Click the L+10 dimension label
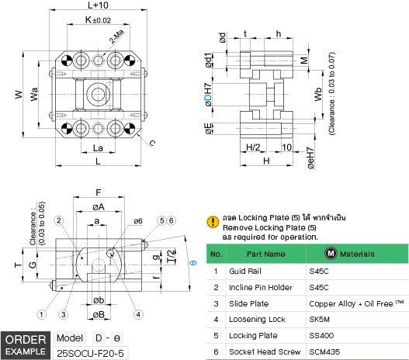pyautogui.click(x=97, y=6)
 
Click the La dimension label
pyautogui.click(x=99, y=147)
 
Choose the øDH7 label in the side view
pyautogui.click(x=207, y=96)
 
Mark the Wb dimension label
pyautogui.click(x=317, y=95)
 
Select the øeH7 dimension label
pyautogui.click(x=310, y=158)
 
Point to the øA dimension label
pyautogui.click(x=99, y=207)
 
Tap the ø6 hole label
pyautogui.click(x=138, y=220)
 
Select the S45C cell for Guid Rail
pyautogui.click(x=319, y=272)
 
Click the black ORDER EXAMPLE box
pyautogui.click(x=26, y=346)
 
